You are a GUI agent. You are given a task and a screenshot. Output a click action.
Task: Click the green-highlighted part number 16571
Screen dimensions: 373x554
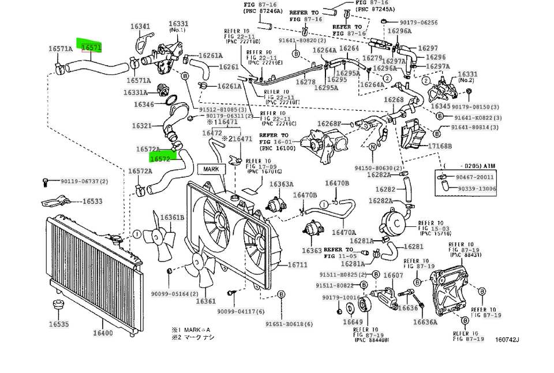coord(92,48)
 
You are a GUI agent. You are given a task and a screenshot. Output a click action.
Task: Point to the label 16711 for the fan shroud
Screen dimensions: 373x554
coord(298,264)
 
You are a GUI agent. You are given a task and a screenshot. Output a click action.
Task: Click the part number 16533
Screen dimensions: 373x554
coord(92,202)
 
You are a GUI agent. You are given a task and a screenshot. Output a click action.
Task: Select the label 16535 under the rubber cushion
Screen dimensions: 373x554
coord(58,324)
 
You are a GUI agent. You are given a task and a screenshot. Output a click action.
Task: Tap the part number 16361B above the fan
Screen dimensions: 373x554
coord(172,218)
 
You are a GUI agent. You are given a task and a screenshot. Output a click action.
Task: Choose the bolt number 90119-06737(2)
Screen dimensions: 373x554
coord(84,181)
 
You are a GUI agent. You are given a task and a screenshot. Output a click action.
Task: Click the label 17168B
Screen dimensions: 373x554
coord(440,147)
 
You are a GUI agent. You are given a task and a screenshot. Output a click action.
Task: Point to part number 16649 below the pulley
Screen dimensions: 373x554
coord(353,322)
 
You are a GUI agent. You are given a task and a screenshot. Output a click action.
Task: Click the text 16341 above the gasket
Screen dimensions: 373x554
coord(140,27)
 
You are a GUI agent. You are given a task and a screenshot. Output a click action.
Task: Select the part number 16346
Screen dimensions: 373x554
coord(144,105)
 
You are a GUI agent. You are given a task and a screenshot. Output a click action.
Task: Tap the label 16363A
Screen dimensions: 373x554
coord(282,184)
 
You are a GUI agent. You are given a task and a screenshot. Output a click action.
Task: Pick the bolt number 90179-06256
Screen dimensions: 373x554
coord(415,23)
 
